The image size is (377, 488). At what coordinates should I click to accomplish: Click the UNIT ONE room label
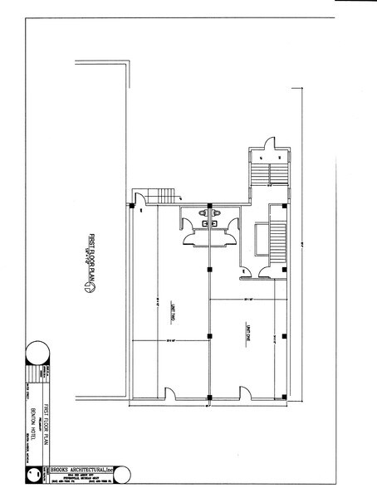click(x=247, y=334)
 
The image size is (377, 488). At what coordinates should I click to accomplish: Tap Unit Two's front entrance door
click(x=171, y=395)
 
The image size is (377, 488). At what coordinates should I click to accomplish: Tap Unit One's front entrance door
click(x=247, y=395)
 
